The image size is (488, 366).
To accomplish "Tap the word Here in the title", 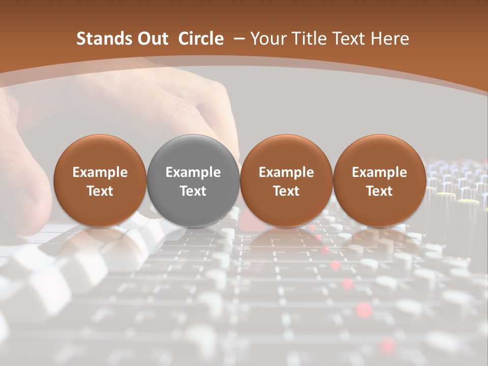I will tap(389, 39).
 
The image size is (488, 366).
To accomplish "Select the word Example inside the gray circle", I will tap(193, 172).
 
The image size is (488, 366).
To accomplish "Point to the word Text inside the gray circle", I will tap(193, 191).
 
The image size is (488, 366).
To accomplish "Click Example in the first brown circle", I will tap(100, 172).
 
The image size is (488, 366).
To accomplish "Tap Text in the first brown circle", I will tap(100, 191).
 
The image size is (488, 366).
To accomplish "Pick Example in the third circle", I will tap(286, 172).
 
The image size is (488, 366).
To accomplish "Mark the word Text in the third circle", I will tap(286, 191).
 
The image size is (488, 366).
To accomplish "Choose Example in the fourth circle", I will tap(379, 172).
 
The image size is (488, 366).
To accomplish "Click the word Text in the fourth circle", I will tap(379, 191).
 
